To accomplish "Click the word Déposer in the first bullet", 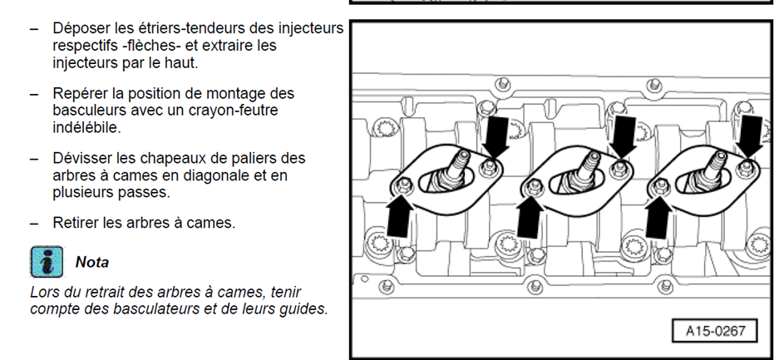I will tap(81, 29).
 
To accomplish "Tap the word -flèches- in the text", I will tap(155, 46).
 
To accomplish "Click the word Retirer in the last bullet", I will tap(77, 223).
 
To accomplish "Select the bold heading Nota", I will tap(92, 262).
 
